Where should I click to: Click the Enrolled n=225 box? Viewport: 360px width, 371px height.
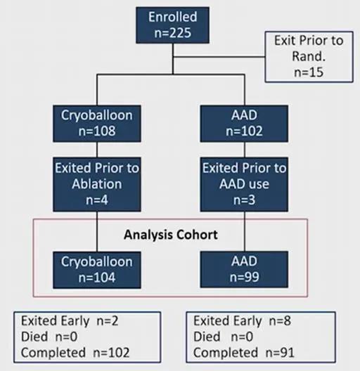172,25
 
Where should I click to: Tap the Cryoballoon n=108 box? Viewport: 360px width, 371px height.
97,124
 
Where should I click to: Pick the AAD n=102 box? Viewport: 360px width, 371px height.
244,124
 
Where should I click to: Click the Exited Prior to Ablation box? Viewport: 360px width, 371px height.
97,184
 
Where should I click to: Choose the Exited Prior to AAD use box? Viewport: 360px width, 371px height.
244,184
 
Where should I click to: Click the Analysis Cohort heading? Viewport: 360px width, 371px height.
171,235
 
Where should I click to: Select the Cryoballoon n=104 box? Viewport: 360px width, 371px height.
97,270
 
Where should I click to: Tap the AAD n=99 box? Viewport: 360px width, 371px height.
244,270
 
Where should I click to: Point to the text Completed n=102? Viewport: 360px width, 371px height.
75,352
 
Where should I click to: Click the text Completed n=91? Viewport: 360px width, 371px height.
244,352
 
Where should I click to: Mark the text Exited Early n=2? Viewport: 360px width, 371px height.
70,321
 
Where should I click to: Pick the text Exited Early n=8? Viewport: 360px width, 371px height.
242,321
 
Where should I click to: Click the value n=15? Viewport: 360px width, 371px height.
309,72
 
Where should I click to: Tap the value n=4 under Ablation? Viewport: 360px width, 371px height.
97,200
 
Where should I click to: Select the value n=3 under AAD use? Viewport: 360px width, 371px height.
244,200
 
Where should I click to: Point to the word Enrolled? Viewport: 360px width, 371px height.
173,17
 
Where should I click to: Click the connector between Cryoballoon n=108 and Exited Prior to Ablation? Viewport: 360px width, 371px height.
97,150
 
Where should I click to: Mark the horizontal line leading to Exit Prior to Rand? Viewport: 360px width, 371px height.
219,57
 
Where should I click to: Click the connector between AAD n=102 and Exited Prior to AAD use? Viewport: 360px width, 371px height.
245,150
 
